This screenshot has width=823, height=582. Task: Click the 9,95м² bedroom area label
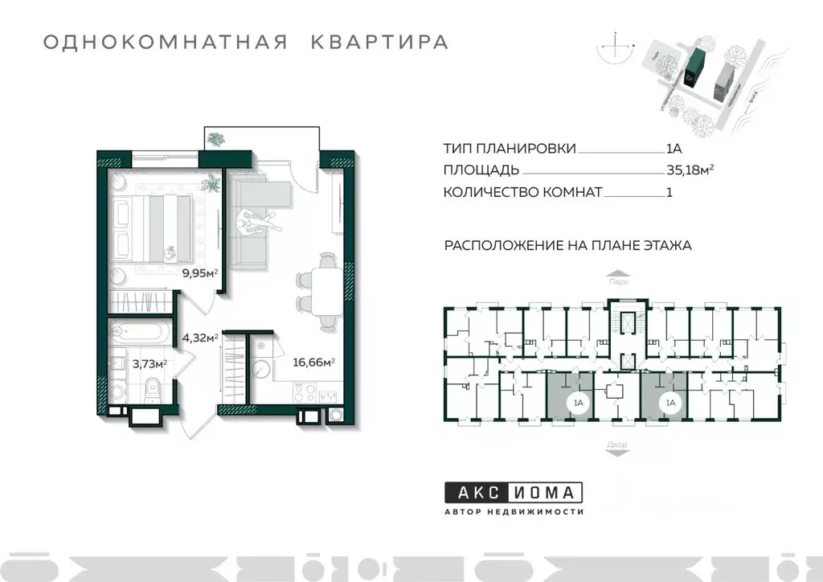(x=201, y=273)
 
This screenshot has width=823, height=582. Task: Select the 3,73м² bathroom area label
(x=149, y=363)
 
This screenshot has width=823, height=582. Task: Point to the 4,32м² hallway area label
(x=201, y=338)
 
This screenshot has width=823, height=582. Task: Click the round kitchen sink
(x=262, y=369)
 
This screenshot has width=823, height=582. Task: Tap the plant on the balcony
(x=215, y=140)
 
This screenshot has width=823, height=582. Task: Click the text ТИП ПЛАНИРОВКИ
(x=509, y=149)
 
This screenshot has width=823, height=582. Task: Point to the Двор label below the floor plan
(x=617, y=444)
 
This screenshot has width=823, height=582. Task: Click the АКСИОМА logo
(x=514, y=492)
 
